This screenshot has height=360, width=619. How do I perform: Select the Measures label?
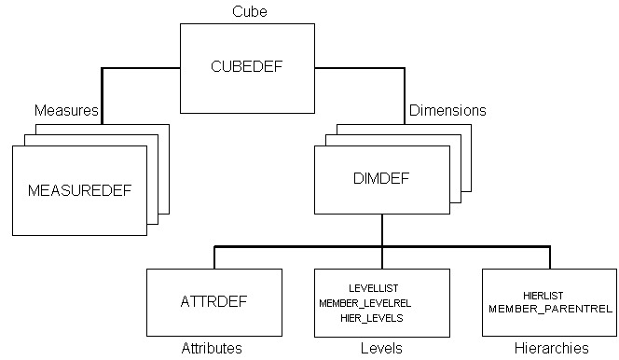pyautogui.click(x=65, y=111)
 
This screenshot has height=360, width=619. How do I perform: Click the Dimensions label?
pyautogui.click(x=447, y=111)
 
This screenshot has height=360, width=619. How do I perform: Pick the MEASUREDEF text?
pyautogui.click(x=79, y=190)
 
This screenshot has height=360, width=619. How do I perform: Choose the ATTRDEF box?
pyautogui.click(x=214, y=301)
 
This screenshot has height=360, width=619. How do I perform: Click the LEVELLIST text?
pyautogui.click(x=372, y=288)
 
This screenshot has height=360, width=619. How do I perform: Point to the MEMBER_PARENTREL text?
pyautogui.click(x=550, y=308)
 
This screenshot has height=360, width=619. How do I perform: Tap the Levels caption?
pyautogui.click(x=381, y=349)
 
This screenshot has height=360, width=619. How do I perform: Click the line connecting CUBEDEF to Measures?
pyautogui.click(x=140, y=67)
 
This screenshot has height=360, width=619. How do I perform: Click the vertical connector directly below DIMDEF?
pyautogui.click(x=382, y=230)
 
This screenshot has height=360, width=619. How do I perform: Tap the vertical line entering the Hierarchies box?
pyautogui.click(x=550, y=257)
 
